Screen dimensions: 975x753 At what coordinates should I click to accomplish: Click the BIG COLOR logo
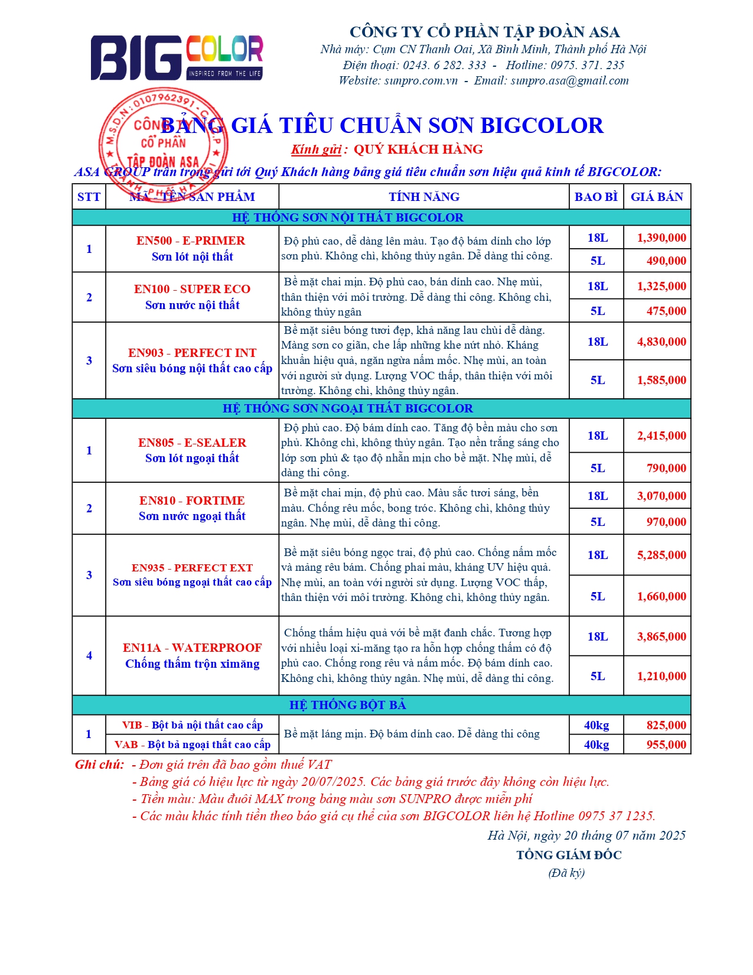(x=176, y=57)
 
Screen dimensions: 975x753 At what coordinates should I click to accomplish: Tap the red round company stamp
(x=162, y=145)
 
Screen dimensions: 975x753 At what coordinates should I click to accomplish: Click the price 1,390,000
(x=661, y=238)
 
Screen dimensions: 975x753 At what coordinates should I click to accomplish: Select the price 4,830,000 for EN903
(x=661, y=342)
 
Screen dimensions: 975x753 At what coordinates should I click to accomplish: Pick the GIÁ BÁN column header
(x=656, y=197)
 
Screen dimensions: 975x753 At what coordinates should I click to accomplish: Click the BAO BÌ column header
(x=595, y=197)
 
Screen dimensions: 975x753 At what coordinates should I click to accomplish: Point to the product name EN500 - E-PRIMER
(x=190, y=240)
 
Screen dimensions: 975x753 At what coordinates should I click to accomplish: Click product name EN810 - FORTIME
(x=191, y=500)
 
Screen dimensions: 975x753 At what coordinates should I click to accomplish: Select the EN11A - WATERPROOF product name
(x=192, y=648)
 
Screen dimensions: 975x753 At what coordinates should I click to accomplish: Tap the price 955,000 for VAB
(x=666, y=745)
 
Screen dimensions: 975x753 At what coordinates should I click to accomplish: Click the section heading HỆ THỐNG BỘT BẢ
(x=347, y=705)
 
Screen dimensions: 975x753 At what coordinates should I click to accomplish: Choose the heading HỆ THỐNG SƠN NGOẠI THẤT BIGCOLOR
(x=347, y=408)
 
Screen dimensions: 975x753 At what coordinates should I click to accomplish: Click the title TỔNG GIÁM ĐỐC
(x=568, y=855)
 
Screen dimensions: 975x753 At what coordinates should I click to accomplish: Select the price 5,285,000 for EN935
(x=661, y=555)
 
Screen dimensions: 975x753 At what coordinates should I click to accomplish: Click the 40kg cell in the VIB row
(x=596, y=725)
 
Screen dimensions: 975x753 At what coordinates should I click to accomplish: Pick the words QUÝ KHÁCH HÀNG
(x=418, y=149)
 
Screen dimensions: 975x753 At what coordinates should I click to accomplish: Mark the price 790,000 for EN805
(x=666, y=468)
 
